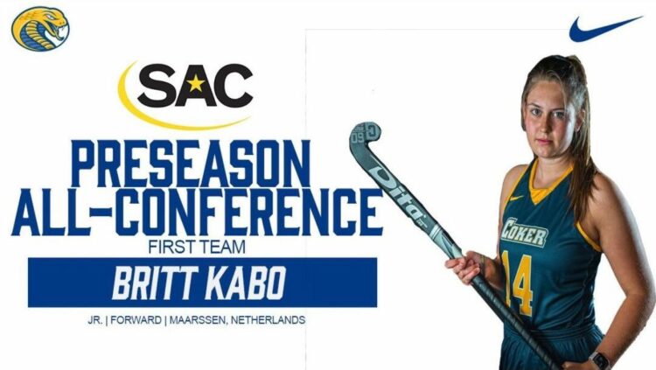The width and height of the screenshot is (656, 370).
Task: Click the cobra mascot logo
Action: tap(40, 29)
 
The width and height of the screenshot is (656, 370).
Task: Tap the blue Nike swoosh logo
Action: tap(604, 29)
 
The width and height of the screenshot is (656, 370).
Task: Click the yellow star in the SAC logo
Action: tap(195, 84)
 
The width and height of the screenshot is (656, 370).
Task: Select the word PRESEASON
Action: tap(191, 164)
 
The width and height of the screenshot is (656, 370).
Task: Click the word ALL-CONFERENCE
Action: tap(198, 213)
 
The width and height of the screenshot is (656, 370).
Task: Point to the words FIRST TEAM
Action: tap(197, 247)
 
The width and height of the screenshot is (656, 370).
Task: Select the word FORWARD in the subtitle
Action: tap(136, 320)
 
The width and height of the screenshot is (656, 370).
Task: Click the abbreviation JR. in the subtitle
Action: tap(95, 320)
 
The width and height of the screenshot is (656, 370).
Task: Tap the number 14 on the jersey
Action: tap(517, 283)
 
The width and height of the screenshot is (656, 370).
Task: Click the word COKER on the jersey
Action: tap(524, 232)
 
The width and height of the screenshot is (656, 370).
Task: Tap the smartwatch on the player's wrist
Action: tap(601, 360)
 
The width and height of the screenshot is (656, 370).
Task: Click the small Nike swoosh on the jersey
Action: tap(516, 198)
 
